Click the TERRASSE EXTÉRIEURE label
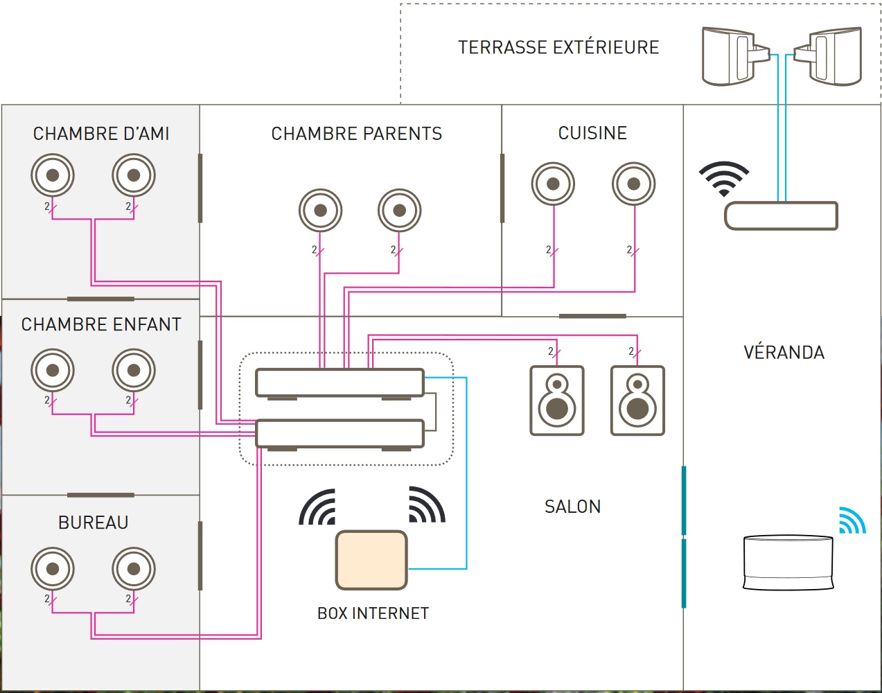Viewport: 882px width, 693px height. (x=558, y=47)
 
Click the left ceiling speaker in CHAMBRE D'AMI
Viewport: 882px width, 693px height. (x=53, y=175)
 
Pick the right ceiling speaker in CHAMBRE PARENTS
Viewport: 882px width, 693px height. (x=400, y=210)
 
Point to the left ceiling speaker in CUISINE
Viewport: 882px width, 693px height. (x=554, y=184)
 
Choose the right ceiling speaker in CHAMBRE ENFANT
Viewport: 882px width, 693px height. (x=134, y=370)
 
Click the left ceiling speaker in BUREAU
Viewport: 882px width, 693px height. (x=53, y=569)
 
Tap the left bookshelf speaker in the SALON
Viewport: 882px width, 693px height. (x=557, y=401)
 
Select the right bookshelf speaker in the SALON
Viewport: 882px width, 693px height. (x=637, y=401)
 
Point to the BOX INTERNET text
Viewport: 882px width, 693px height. (x=373, y=613)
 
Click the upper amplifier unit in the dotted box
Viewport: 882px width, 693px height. (x=339, y=383)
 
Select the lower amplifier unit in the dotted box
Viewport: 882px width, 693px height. (x=339, y=433)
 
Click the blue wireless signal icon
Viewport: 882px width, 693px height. (x=852, y=520)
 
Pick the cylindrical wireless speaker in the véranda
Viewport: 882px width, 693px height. (x=788, y=562)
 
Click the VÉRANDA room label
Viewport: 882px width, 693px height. (x=784, y=352)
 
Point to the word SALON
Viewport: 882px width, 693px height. (x=572, y=507)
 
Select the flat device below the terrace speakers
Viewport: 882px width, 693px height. (x=781, y=216)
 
